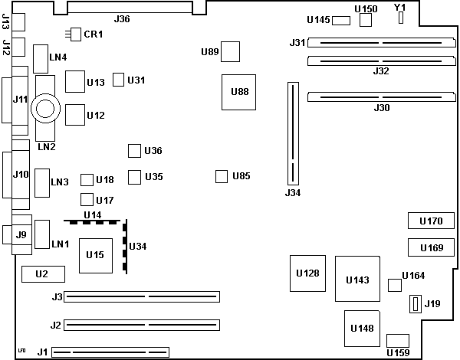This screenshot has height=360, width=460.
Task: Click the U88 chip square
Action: click(239, 92)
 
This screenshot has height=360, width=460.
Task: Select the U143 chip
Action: click(358, 279)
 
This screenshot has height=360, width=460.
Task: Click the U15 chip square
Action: click(96, 255)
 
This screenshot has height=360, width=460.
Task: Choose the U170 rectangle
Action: click(431, 221)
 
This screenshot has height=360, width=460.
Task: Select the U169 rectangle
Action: click(431, 247)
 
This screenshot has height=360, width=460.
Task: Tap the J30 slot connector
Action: click(376, 97)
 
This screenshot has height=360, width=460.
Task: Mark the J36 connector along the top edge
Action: click(130, 8)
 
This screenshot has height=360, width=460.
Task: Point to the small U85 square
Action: click(222, 177)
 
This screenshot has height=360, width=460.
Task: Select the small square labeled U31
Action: click(118, 80)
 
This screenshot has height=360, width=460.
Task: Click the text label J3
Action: click(56, 296)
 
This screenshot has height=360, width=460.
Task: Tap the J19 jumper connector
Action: click(416, 304)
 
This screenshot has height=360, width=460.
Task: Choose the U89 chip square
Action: click(230, 51)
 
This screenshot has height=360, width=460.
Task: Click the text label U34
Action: click(138, 246)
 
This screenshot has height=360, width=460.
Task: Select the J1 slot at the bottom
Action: click(110, 353)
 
